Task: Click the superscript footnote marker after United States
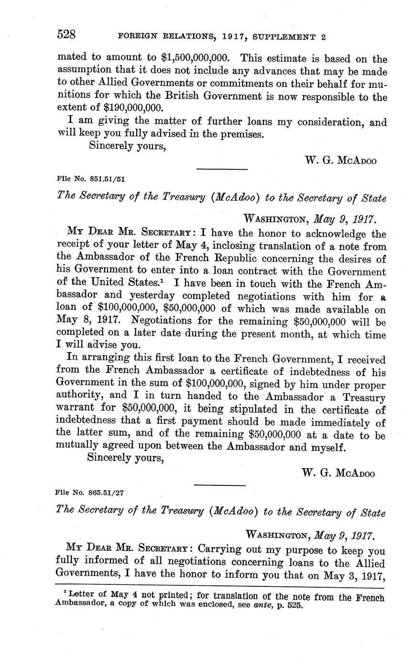pos(165,281)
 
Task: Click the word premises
pos(241,134)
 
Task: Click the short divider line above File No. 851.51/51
pos(222,168)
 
